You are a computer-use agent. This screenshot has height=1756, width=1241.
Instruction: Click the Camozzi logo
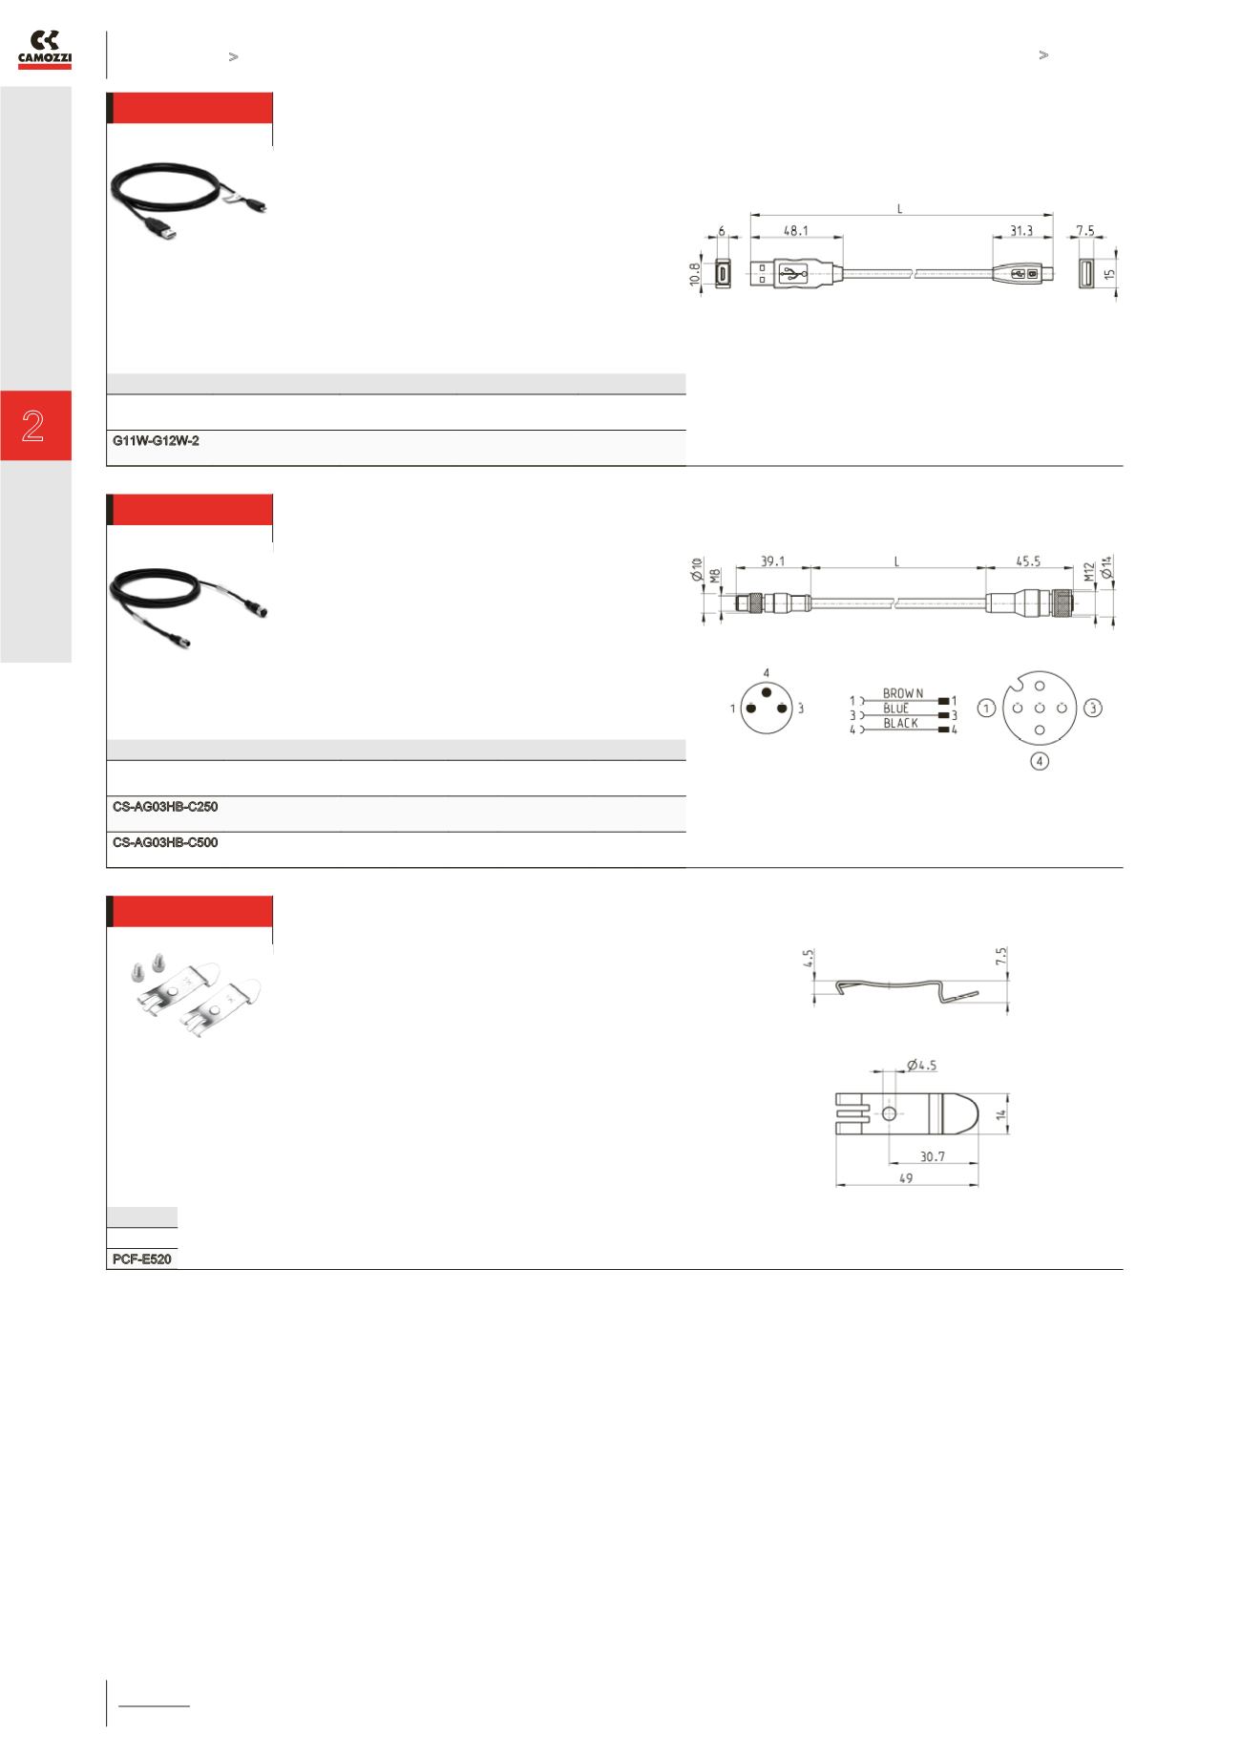tap(45, 50)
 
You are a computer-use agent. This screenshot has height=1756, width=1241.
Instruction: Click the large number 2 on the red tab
tap(33, 426)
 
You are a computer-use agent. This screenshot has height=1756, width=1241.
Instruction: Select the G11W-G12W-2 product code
tap(156, 441)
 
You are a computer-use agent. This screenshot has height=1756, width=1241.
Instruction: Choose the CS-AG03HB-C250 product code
tap(165, 807)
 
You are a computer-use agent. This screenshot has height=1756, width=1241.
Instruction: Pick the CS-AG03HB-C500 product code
tap(165, 843)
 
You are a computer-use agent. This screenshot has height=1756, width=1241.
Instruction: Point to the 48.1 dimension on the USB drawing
tap(795, 231)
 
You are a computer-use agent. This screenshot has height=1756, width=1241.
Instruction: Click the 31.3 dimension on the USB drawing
tap(1020, 231)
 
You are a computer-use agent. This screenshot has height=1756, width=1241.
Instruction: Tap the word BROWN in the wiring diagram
tap(902, 693)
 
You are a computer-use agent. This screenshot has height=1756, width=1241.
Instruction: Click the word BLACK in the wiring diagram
tap(900, 724)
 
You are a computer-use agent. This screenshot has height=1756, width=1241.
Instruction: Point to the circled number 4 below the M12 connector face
tap(1039, 762)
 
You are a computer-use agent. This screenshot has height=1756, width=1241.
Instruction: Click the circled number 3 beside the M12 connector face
tap(1093, 709)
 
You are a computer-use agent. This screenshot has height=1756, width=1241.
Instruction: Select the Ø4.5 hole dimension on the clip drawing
tap(921, 1065)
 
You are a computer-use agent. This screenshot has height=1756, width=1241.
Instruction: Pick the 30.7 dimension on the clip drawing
tap(932, 1156)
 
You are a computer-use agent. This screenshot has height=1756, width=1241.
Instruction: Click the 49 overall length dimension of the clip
tap(905, 1178)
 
